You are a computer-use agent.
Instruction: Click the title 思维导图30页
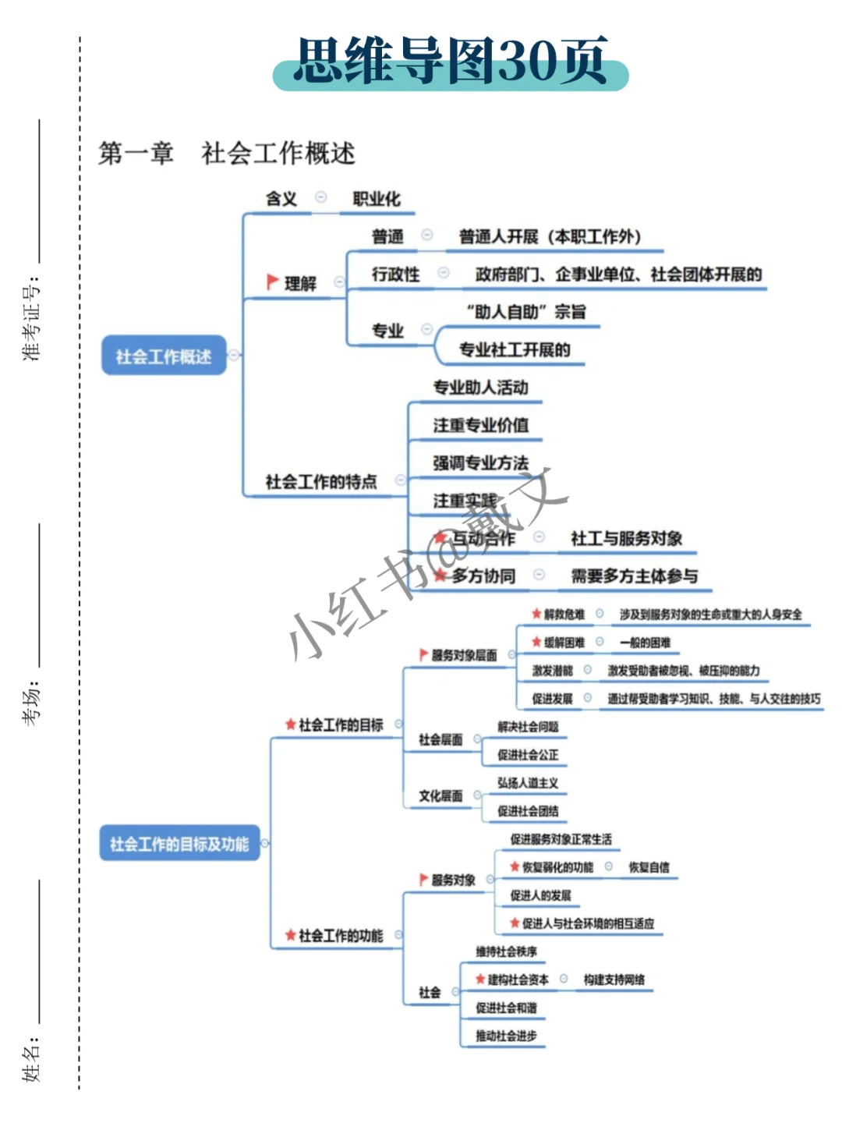click(451, 62)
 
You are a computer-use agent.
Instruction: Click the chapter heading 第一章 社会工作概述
click(226, 153)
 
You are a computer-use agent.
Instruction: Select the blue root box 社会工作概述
click(164, 356)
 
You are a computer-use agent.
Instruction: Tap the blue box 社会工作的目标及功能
click(179, 844)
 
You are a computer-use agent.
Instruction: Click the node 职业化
click(377, 199)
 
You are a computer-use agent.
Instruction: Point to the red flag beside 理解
click(272, 281)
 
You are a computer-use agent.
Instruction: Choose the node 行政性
click(395, 274)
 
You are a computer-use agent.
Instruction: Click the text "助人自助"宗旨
click(526, 312)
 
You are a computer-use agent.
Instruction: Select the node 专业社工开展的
click(515, 349)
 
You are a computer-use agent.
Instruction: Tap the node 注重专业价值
click(481, 425)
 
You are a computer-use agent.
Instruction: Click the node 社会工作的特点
click(321, 481)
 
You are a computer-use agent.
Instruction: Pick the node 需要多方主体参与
click(635, 576)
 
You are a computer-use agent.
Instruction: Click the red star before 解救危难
click(536, 614)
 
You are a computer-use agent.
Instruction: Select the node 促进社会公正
click(528, 755)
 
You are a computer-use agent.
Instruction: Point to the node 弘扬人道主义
click(528, 783)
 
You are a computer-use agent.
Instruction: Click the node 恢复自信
click(649, 867)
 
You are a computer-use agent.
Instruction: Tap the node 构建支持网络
click(614, 980)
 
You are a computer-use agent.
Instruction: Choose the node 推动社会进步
click(506, 1036)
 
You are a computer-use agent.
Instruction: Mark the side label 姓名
click(31, 1059)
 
